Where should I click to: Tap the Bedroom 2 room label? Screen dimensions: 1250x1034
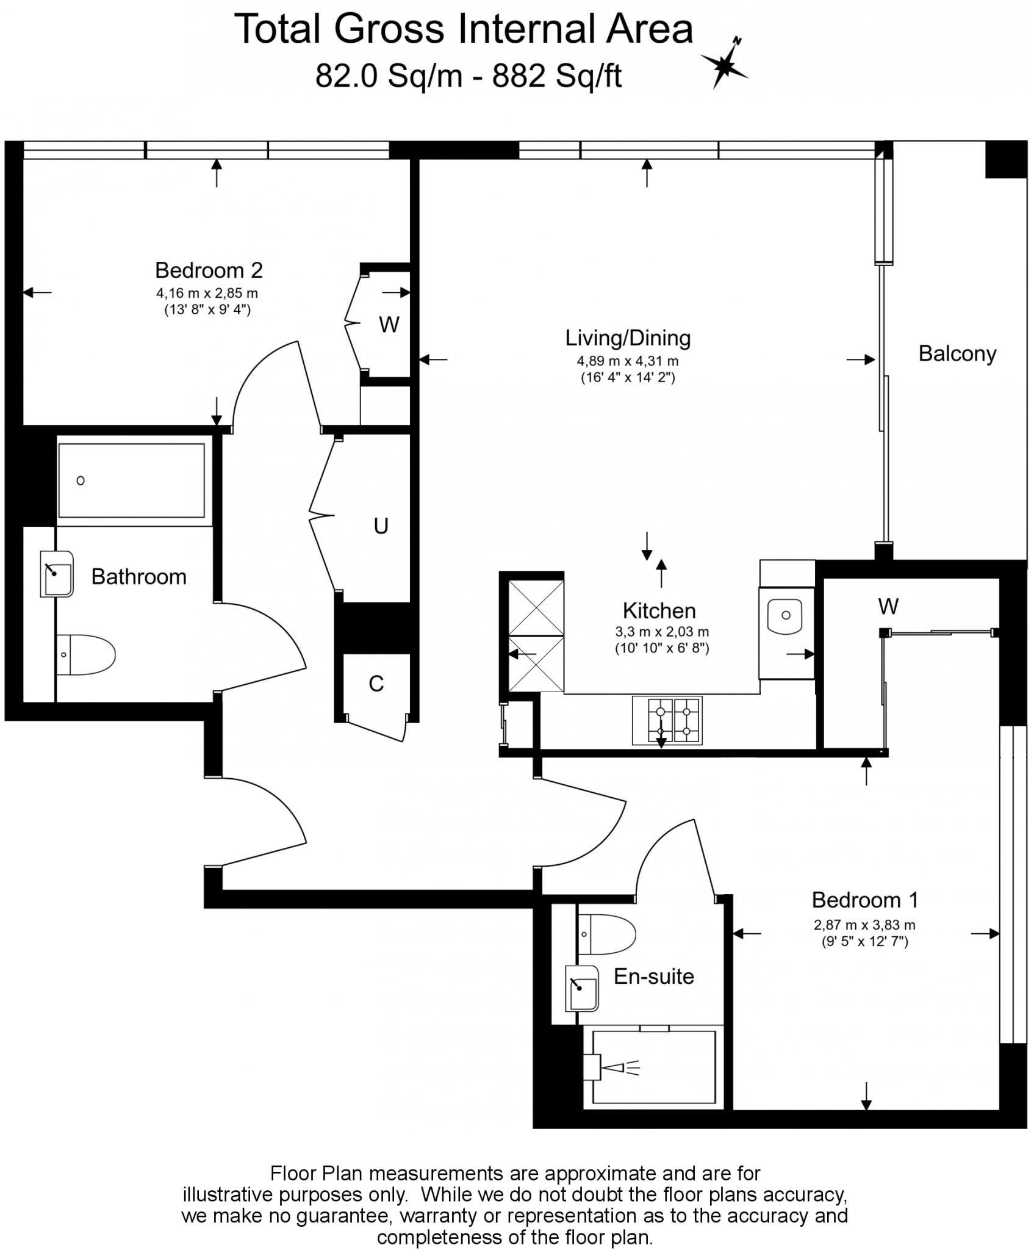[209, 270]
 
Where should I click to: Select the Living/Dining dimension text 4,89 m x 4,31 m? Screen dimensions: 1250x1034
[628, 361]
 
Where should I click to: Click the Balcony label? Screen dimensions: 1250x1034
[957, 353]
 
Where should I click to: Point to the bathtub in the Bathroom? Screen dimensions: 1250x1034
[131, 480]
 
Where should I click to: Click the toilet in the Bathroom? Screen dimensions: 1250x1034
[85, 654]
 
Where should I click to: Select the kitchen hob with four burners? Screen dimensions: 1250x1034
[667, 720]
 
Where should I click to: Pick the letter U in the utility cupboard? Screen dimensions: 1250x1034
[381, 526]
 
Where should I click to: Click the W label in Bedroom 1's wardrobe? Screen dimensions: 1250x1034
[888, 606]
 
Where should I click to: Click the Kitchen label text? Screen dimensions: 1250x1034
[659, 610]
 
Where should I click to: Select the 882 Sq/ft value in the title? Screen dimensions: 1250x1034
[557, 78]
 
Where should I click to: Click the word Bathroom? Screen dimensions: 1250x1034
[138, 577]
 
